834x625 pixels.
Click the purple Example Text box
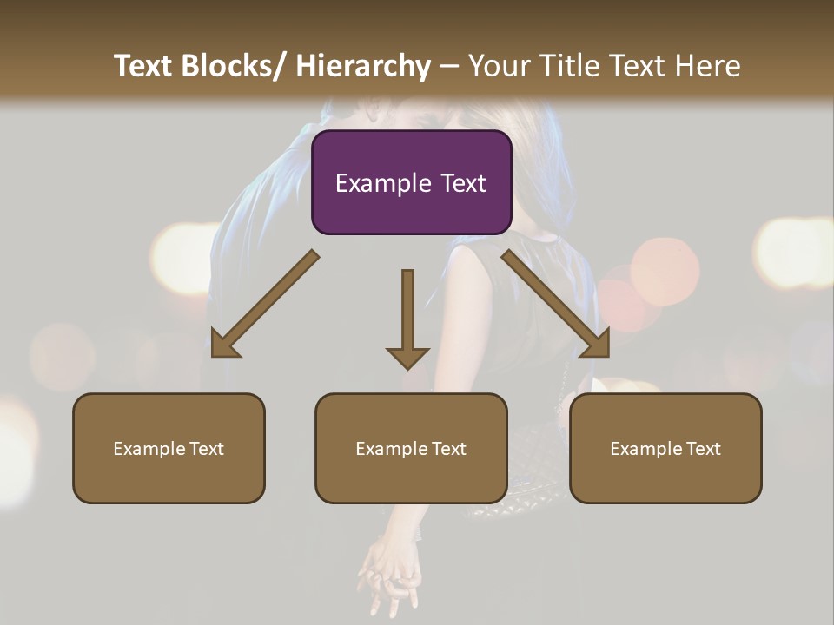[411, 182]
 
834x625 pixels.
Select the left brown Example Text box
[169, 448]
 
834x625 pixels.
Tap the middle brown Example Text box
[411, 448]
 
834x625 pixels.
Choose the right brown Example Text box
[665, 448]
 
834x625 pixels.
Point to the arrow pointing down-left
[264, 305]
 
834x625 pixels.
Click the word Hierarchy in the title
[362, 66]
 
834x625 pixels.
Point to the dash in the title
[449, 66]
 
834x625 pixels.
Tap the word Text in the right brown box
[702, 448]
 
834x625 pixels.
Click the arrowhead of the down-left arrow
[225, 344]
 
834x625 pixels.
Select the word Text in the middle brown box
[447, 448]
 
